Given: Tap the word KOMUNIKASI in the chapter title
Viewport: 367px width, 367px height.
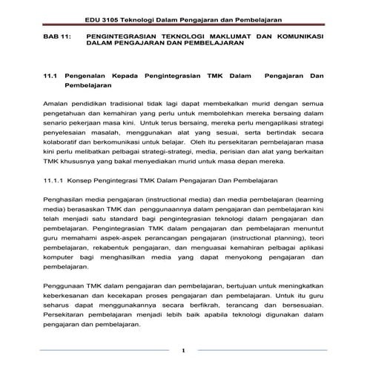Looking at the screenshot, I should pos(301,35).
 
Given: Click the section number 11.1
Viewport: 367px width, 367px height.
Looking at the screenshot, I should pos(51,76).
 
